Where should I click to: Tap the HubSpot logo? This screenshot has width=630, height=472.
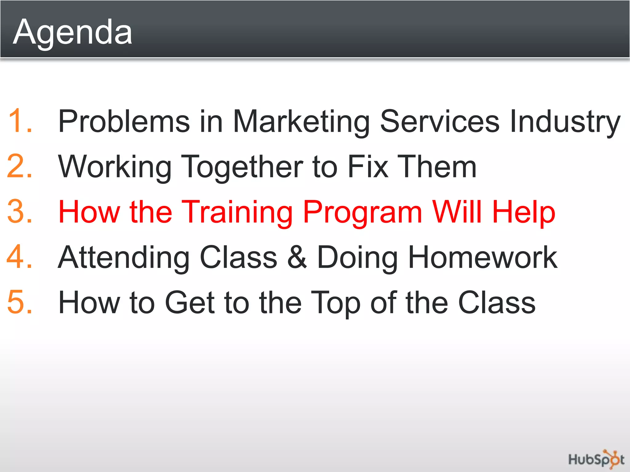tap(596, 460)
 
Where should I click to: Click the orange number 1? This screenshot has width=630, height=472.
tap(19, 121)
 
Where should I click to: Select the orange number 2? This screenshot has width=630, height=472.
tap(19, 166)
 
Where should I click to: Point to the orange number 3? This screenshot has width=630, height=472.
tap(19, 211)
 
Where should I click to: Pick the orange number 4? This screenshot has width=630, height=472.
tap(19, 257)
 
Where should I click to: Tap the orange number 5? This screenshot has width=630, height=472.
tap(19, 302)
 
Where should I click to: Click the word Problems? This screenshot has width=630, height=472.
tap(124, 122)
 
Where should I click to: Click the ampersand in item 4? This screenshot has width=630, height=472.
tap(297, 257)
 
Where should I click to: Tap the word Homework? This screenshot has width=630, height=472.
tap(482, 257)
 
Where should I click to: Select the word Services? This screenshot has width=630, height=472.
tap(440, 121)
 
